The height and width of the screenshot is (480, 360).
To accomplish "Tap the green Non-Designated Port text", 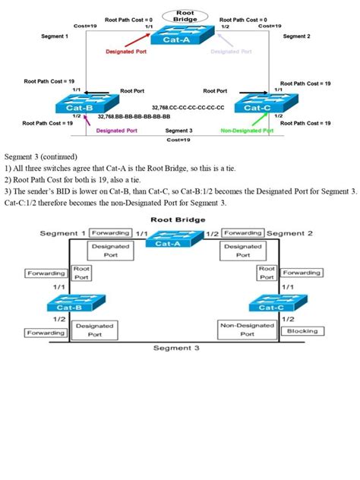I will pyautogui.click(x=248, y=131).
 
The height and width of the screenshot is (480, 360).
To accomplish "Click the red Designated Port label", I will pyautogui.click(x=125, y=52).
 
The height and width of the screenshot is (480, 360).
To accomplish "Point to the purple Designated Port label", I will pyautogui.click(x=116, y=131).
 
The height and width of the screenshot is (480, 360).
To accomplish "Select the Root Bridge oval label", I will pyautogui.click(x=185, y=15).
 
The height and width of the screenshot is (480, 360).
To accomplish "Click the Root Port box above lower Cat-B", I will pyautogui.click(x=81, y=273).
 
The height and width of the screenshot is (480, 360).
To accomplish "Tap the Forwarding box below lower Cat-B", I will pyautogui.click(x=46, y=333).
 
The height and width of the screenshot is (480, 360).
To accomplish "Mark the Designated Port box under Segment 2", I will pyautogui.click(x=242, y=251).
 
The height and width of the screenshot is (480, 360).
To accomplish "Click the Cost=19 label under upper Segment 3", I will pyautogui.click(x=179, y=140).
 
